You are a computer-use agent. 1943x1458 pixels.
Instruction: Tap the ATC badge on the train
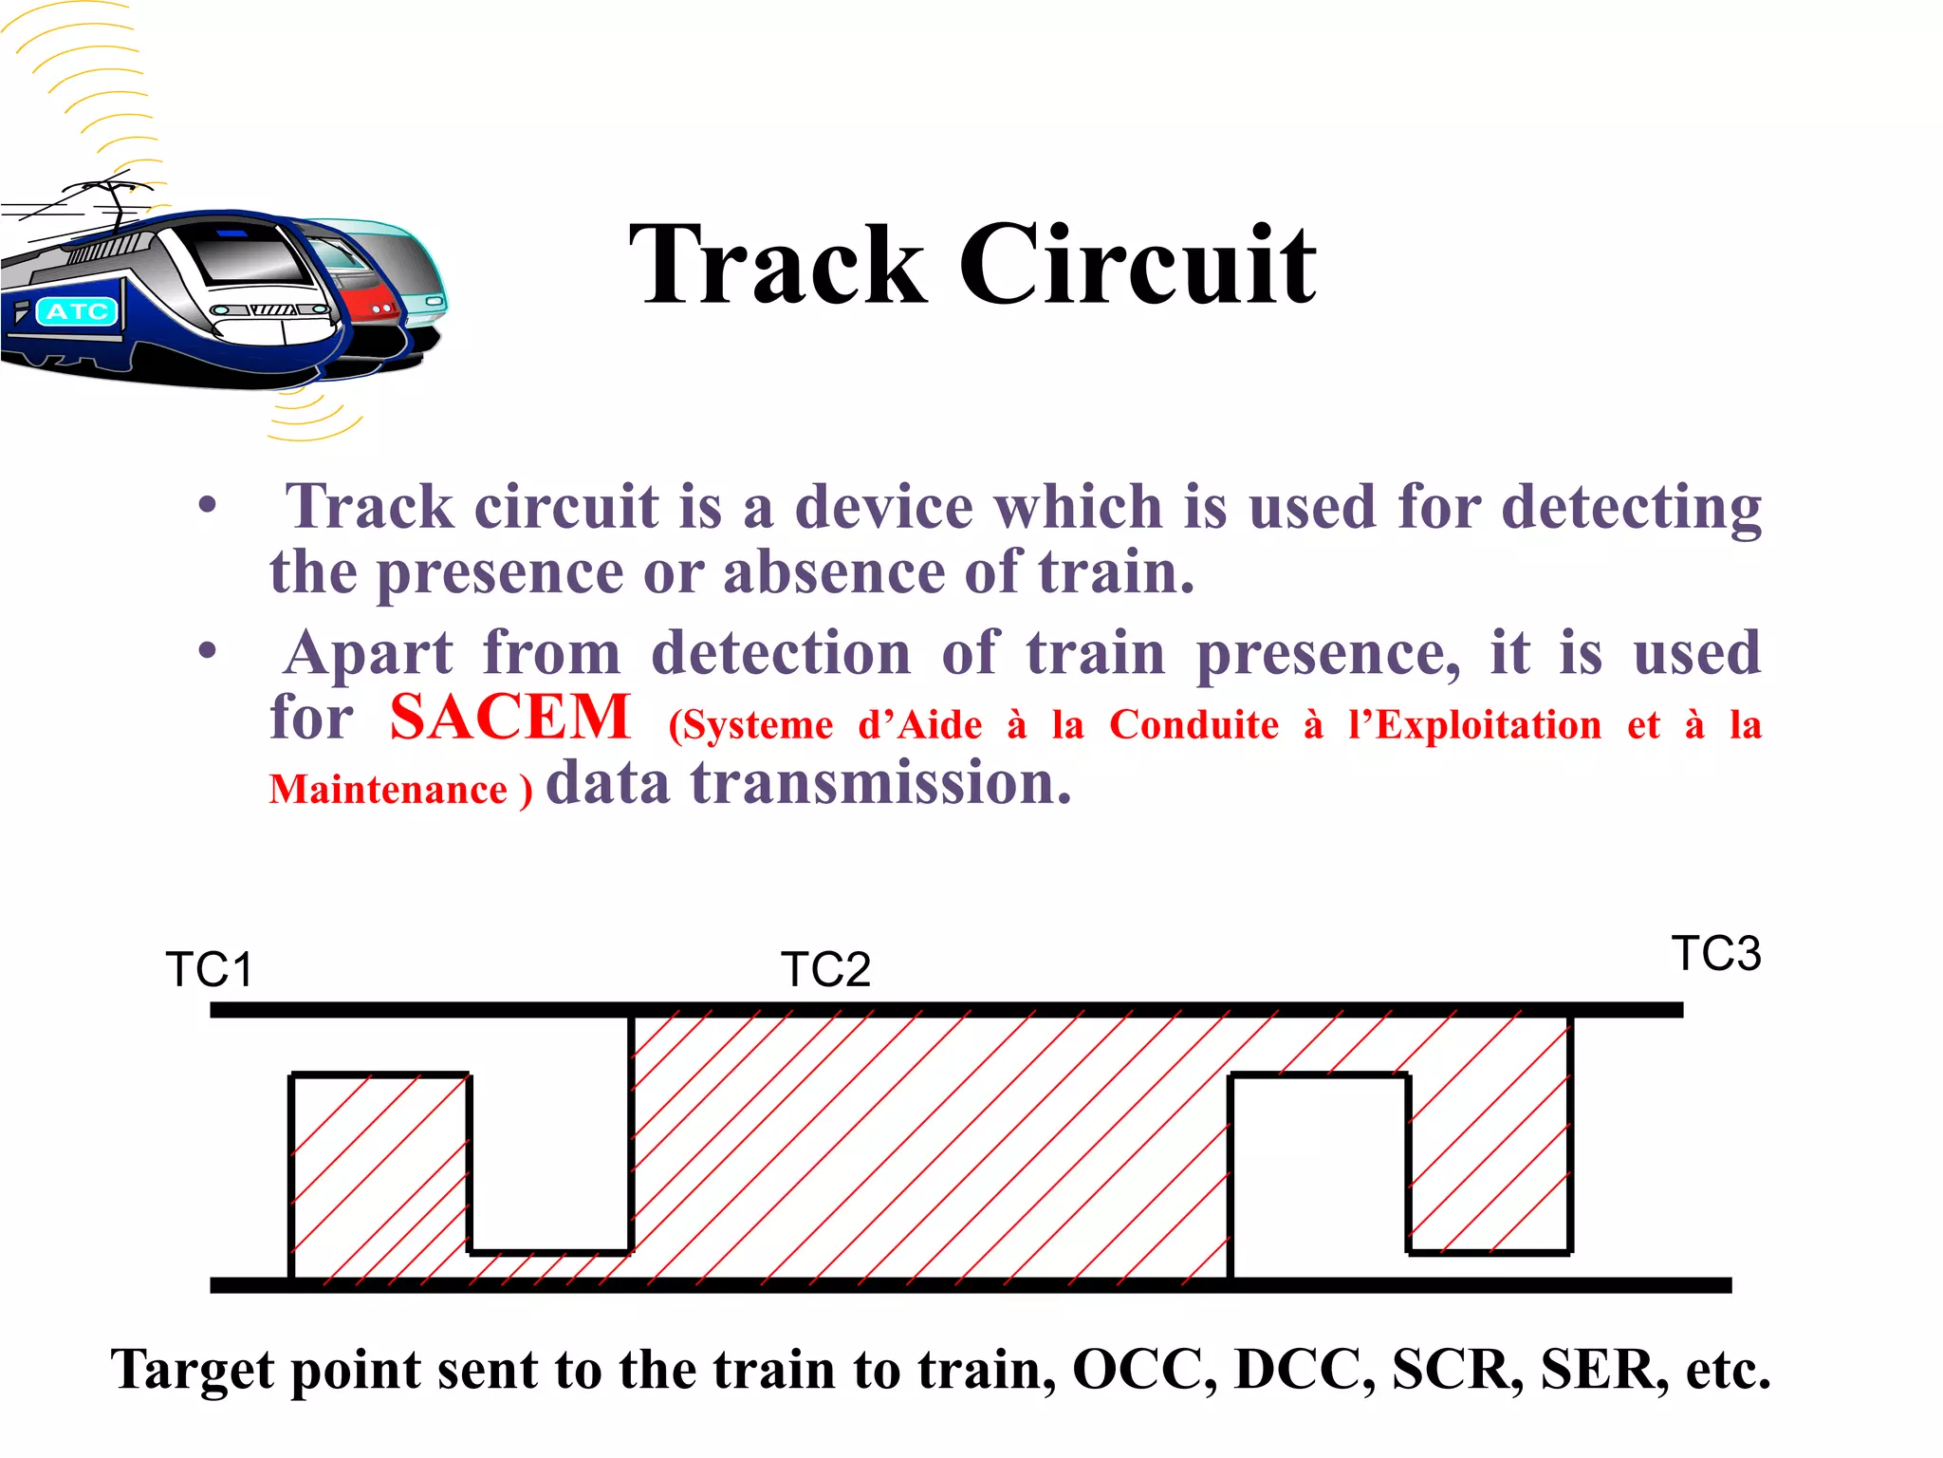click(x=77, y=311)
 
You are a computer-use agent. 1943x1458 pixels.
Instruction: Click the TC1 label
click(x=210, y=969)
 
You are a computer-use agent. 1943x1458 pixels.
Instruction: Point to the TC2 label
click(x=825, y=969)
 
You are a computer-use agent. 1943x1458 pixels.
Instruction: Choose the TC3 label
click(x=1715, y=953)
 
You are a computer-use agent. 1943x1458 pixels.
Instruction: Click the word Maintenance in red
click(x=389, y=790)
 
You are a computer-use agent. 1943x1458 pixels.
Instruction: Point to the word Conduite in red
click(x=1194, y=725)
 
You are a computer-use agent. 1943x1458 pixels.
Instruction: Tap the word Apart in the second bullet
click(x=370, y=655)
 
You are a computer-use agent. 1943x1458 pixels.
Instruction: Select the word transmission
click(x=881, y=783)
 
